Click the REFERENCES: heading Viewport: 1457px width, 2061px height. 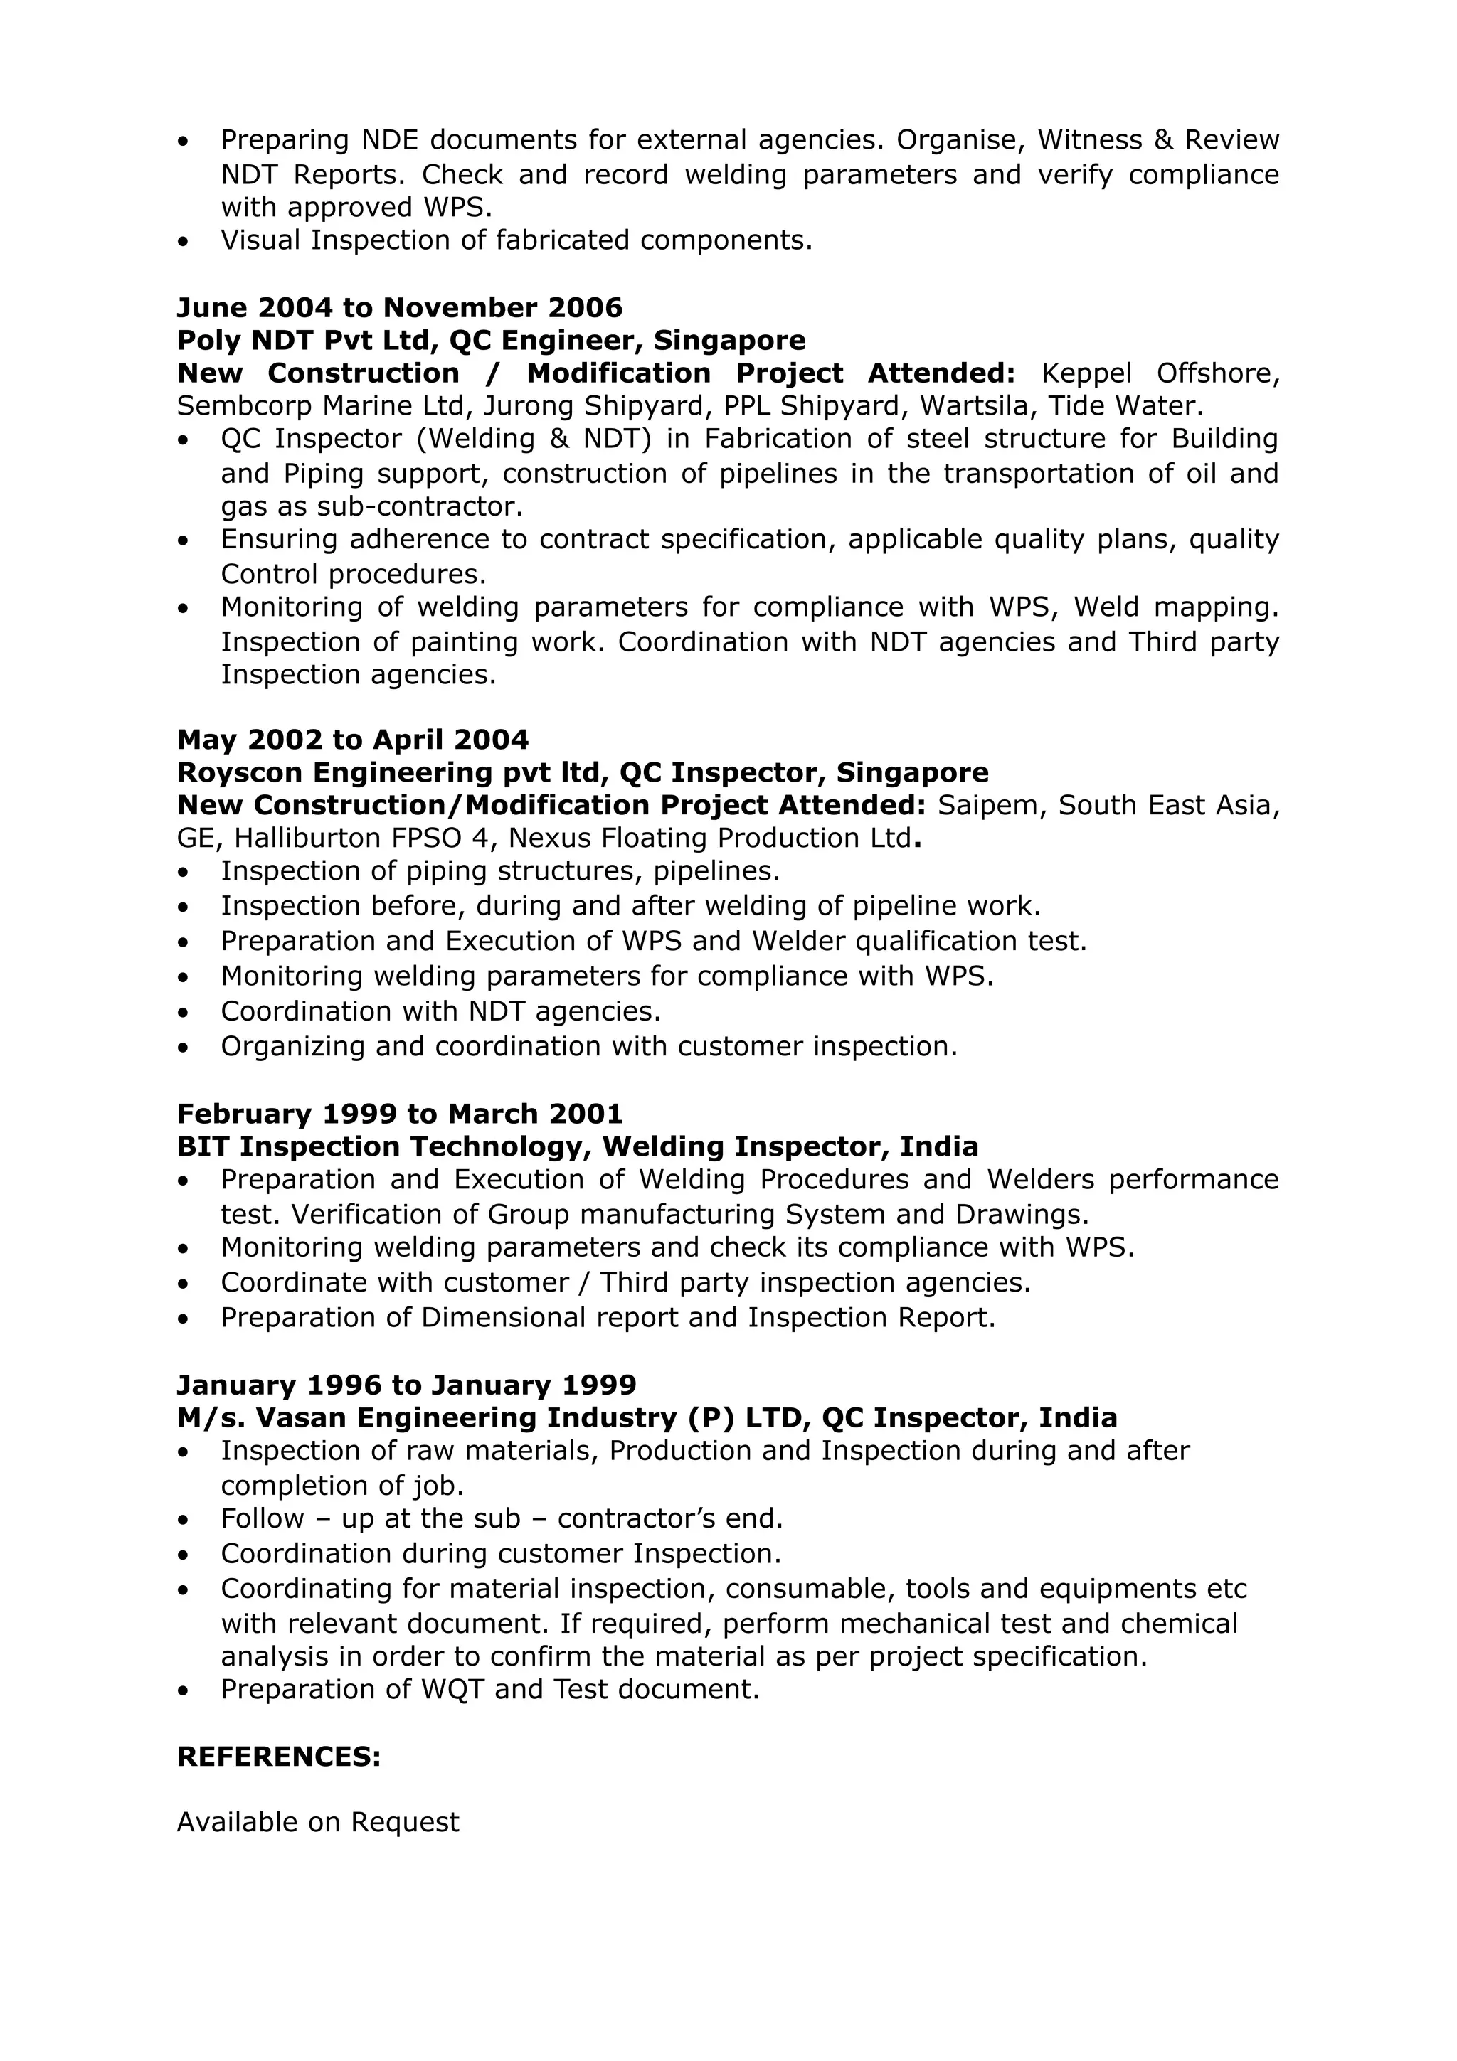coord(279,1757)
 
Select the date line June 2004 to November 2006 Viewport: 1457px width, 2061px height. coord(400,308)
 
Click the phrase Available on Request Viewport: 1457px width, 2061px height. coord(318,1821)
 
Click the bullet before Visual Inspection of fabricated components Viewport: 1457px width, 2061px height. coord(184,242)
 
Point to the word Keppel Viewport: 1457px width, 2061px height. coord(1086,373)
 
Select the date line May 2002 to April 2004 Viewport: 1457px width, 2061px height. coord(353,740)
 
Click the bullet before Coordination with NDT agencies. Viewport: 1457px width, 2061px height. coord(184,1013)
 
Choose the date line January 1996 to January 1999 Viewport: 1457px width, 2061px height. coord(407,1385)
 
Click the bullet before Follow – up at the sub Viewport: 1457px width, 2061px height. coord(184,1520)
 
